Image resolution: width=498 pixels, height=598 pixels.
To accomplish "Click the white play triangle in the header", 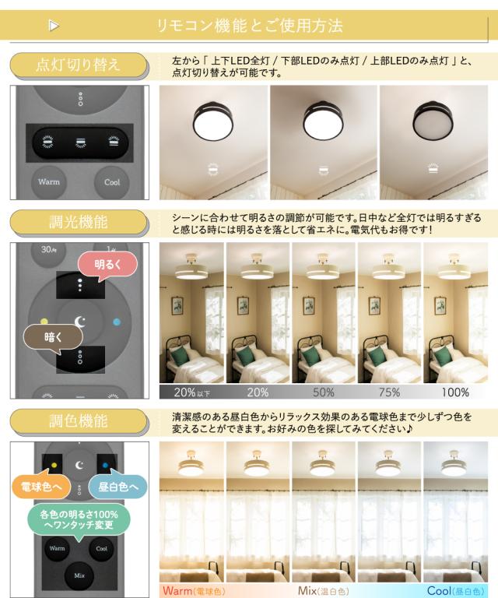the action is coord(54,26).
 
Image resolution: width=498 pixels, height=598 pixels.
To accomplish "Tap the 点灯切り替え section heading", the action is coord(78,65).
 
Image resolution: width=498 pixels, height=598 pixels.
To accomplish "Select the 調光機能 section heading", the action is coord(78,222).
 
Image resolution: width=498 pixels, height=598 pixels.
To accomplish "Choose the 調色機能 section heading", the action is coord(78,421).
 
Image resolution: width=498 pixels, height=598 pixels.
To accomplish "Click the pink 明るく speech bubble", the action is coord(107,265).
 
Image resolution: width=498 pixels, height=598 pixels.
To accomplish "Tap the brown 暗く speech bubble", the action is coord(53,337).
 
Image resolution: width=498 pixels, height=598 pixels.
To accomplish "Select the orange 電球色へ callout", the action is coord(40,487).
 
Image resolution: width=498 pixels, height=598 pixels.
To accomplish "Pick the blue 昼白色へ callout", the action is coord(117,487).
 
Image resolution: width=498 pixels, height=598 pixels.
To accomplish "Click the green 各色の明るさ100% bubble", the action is coord(79,520).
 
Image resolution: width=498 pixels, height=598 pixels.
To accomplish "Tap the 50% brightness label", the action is coord(324,392).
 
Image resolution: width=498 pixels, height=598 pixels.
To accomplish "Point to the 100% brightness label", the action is coord(455,392).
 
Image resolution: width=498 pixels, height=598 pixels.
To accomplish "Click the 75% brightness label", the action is coord(389,392).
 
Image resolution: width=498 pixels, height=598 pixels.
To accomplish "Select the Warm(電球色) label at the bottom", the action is coord(193,591).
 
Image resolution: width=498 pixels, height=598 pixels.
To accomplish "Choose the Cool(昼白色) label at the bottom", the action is coord(456,591).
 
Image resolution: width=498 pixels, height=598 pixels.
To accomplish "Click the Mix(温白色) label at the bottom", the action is coord(324,591).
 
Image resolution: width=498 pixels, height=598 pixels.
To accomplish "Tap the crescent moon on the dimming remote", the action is coord(80,322).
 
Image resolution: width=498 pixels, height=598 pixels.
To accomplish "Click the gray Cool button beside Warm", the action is coord(112,182).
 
